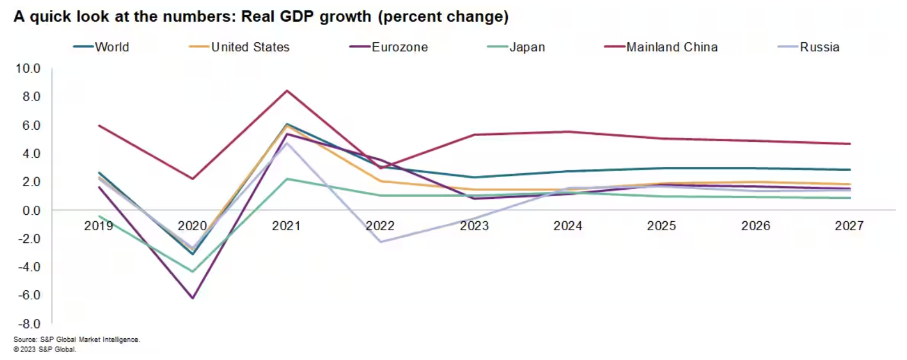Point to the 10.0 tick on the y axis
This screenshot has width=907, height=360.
pos(28,69)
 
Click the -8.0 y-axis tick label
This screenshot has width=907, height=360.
pos(28,324)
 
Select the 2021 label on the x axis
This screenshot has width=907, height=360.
pos(286,226)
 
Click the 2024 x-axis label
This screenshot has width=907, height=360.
pos(568,226)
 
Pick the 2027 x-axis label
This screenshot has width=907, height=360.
pos(849,226)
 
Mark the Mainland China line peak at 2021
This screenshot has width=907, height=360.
pos(287,90)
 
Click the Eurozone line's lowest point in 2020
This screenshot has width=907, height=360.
pos(192,298)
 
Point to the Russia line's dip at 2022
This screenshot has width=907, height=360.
pos(380,242)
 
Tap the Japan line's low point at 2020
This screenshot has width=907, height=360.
pos(192,271)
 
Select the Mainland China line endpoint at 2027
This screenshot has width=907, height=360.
pos(849,144)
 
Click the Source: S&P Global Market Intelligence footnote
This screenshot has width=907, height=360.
pos(77,339)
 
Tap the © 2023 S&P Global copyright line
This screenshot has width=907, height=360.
pos(45,349)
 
